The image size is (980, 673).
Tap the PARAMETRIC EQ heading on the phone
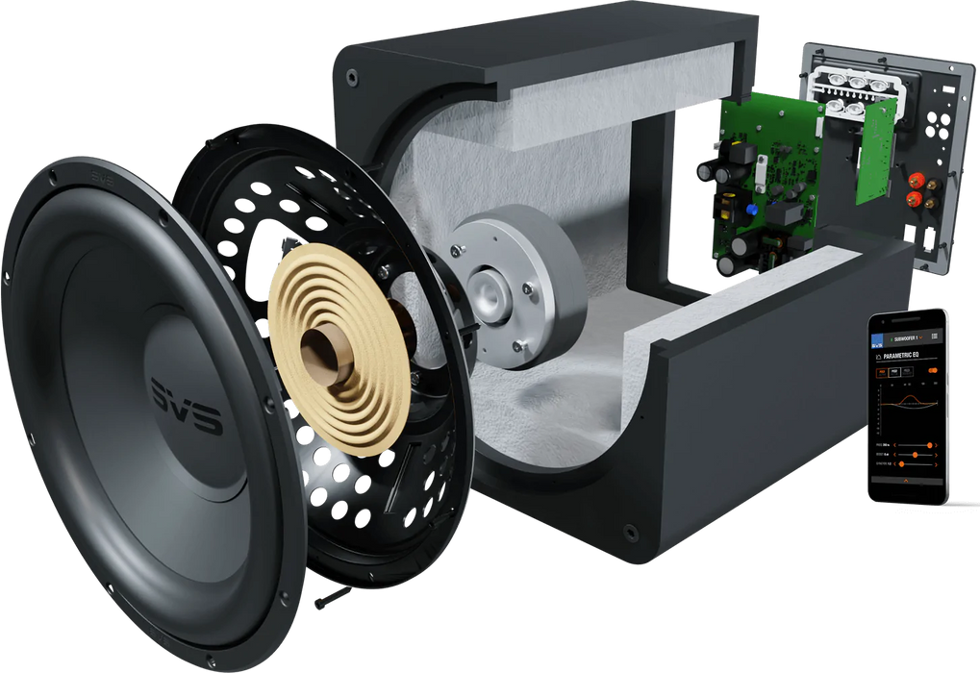click(901, 356)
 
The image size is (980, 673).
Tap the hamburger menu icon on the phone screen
click(935, 336)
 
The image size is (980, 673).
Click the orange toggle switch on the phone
click(933, 370)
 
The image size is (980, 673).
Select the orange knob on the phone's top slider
click(929, 445)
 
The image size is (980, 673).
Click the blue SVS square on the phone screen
click(876, 339)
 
